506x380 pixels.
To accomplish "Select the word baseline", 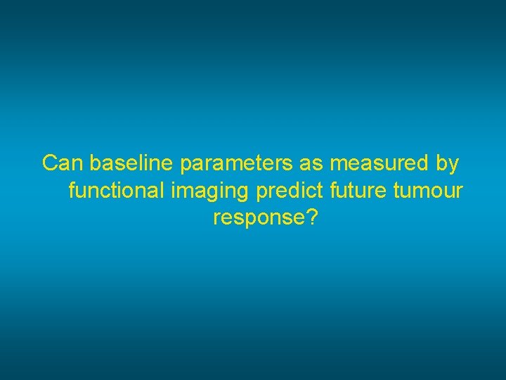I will click(x=132, y=163).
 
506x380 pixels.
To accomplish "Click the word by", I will click(x=447, y=164).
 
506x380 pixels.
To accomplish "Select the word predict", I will click(x=288, y=191).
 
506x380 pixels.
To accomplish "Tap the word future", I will click(x=356, y=191).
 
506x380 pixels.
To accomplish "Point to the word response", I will click(x=257, y=218).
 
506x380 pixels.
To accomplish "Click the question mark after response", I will click(x=309, y=217).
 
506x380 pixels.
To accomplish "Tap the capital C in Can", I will click(x=50, y=163).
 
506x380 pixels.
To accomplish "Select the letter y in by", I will click(x=453, y=165).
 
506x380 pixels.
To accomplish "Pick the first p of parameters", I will click(x=186, y=165).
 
